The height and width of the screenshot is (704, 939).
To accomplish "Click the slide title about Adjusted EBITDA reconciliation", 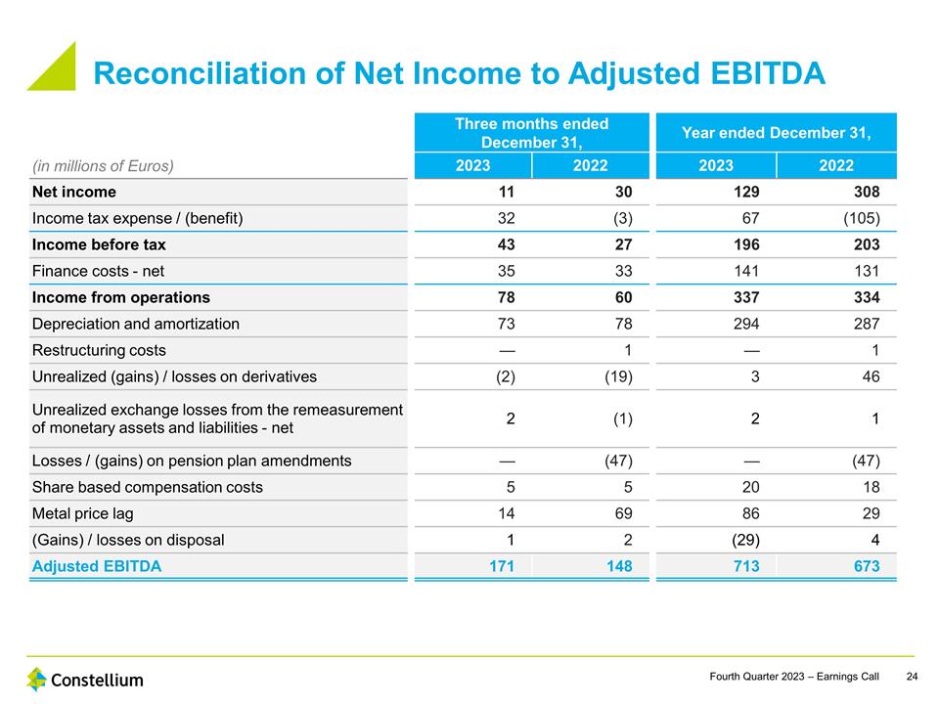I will (x=459, y=73).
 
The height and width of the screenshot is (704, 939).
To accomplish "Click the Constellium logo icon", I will (x=36, y=679).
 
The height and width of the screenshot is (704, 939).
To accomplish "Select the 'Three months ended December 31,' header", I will (x=531, y=132).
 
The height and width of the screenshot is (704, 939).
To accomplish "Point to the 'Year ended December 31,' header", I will (x=777, y=132).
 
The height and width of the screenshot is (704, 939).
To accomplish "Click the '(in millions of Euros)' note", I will (x=103, y=165).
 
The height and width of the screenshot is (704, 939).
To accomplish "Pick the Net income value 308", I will (x=865, y=192).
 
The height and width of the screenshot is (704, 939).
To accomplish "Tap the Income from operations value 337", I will (x=744, y=297).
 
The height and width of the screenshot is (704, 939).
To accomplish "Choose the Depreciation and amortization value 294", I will (x=744, y=324).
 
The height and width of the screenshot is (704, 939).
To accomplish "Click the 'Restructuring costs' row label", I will (x=99, y=350).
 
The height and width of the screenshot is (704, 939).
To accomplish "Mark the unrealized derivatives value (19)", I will (x=616, y=376).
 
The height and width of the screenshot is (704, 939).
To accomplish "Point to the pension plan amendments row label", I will (x=192, y=461).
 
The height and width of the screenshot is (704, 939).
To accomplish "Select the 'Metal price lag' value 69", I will (x=622, y=513).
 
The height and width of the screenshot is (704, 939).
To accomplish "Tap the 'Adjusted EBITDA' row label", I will (x=97, y=566).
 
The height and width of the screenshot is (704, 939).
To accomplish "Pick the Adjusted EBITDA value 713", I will (x=744, y=566).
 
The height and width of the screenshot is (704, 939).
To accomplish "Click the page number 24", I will (x=912, y=677).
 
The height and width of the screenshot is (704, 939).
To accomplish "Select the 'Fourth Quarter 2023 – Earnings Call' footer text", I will (x=794, y=677).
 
